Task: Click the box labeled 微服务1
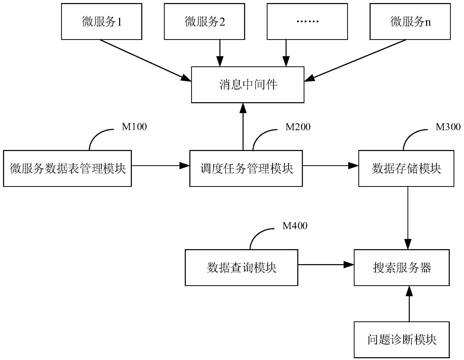102,22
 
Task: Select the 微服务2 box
204,22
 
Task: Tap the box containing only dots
307,22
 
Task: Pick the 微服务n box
410,22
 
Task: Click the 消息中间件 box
248,85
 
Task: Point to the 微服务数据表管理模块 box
67,169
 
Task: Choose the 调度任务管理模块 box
246,169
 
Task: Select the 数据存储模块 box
406,169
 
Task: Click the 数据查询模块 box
241,267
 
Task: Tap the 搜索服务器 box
402,267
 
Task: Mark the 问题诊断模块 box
402,340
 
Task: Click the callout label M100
134,127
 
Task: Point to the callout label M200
298,127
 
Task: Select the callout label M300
448,127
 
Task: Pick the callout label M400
295,226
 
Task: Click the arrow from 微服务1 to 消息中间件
145,61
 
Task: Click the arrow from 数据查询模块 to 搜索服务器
326,265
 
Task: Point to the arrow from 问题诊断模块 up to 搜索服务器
409,304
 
